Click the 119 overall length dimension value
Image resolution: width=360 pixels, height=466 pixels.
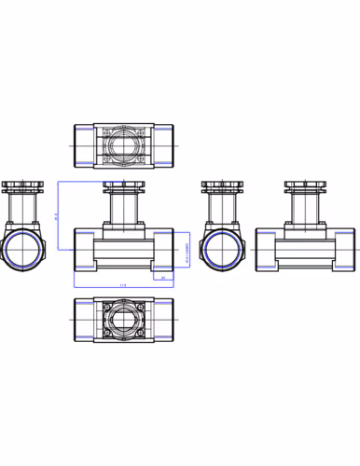click(x=123, y=285)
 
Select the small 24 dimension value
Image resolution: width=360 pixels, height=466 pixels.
click(x=162, y=278)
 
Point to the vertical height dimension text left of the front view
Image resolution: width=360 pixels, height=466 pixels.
click(x=56, y=216)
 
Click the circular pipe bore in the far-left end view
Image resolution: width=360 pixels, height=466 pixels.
click(x=22, y=251)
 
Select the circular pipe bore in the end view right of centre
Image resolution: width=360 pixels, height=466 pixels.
click(x=221, y=251)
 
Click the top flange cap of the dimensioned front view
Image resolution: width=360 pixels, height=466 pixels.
click(x=123, y=186)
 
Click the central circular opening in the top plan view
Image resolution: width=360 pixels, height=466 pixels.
click(x=123, y=146)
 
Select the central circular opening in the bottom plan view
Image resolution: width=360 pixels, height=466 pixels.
click(x=123, y=322)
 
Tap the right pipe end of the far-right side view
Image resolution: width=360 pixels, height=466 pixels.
click(x=345, y=251)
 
